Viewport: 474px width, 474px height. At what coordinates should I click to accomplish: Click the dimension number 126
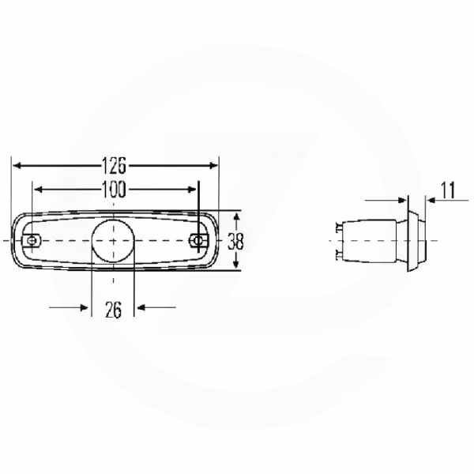(x=114, y=166)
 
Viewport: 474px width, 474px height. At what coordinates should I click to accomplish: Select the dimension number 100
(x=114, y=190)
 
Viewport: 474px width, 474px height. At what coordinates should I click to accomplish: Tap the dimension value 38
(x=235, y=241)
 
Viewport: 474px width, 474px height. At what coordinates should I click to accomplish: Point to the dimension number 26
(x=113, y=310)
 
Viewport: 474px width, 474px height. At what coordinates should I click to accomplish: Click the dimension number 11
(x=448, y=190)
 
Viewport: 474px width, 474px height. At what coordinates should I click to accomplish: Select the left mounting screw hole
(x=32, y=241)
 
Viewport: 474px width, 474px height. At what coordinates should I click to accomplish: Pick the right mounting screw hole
(x=198, y=241)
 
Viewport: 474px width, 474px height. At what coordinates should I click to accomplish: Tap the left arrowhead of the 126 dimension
(x=17, y=165)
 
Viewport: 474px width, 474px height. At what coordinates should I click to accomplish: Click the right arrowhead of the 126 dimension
(x=213, y=165)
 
